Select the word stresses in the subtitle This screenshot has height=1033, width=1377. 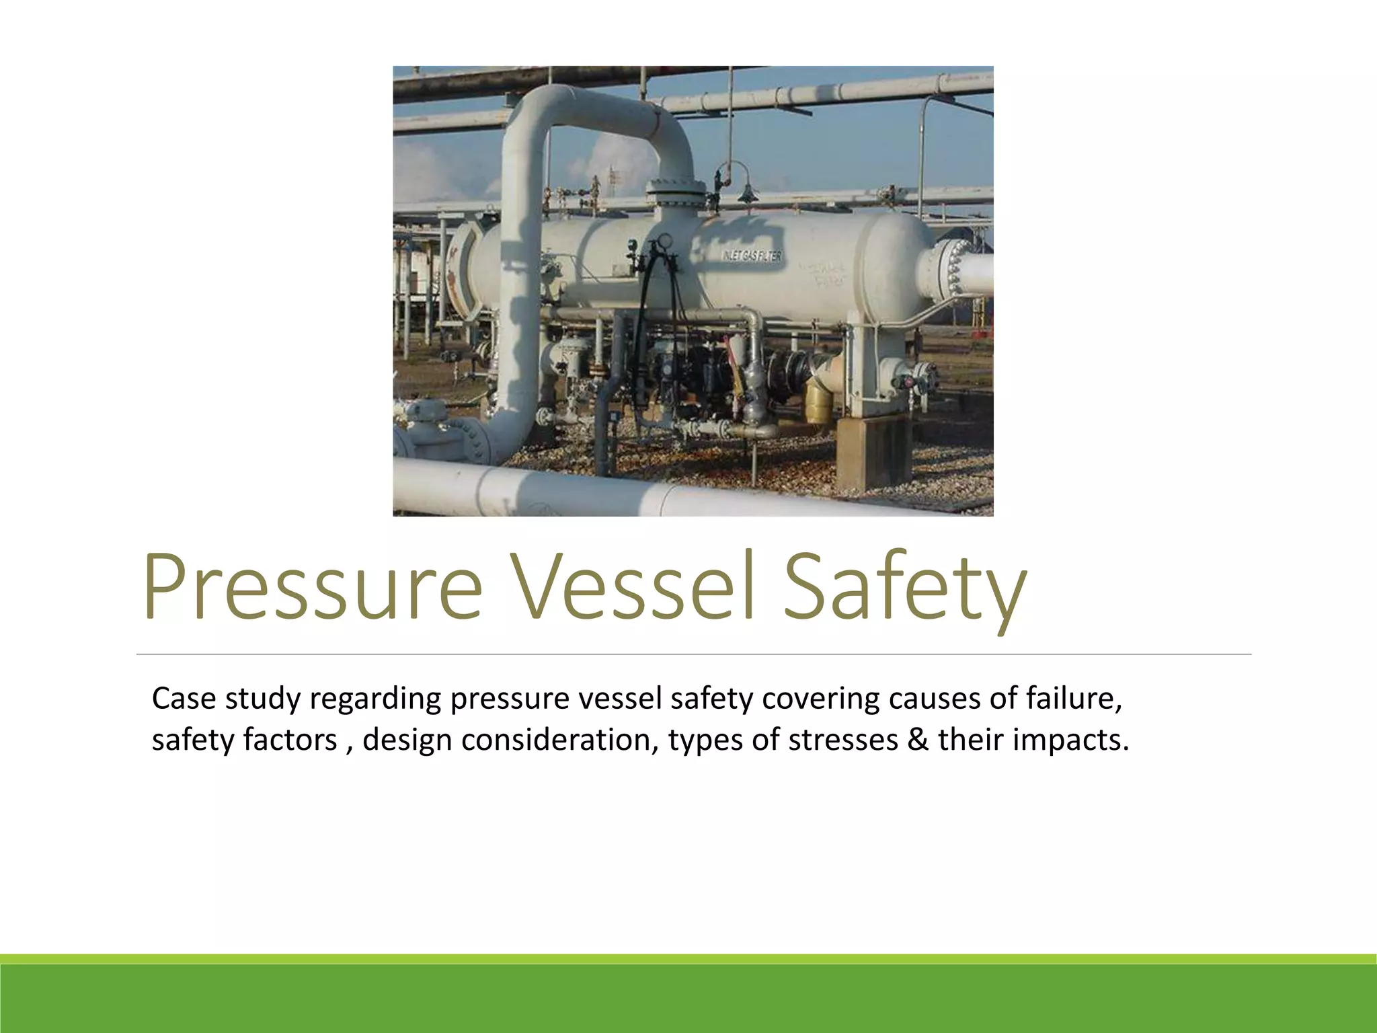coord(842,740)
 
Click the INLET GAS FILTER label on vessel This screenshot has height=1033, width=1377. coord(751,256)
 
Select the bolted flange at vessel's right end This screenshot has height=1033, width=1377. coord(948,269)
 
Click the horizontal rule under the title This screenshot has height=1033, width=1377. coord(693,654)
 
